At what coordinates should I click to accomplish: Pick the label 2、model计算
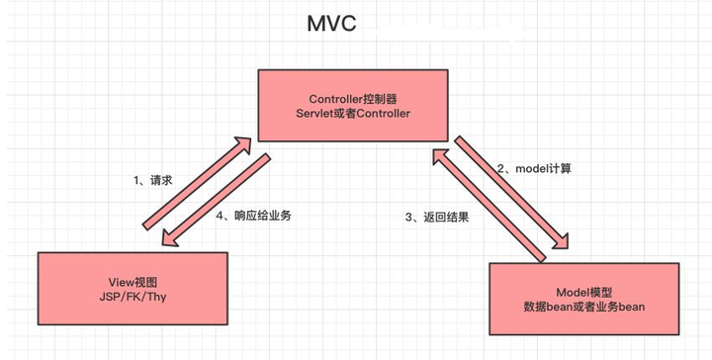(534, 168)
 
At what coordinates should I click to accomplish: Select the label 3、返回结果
(436, 217)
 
